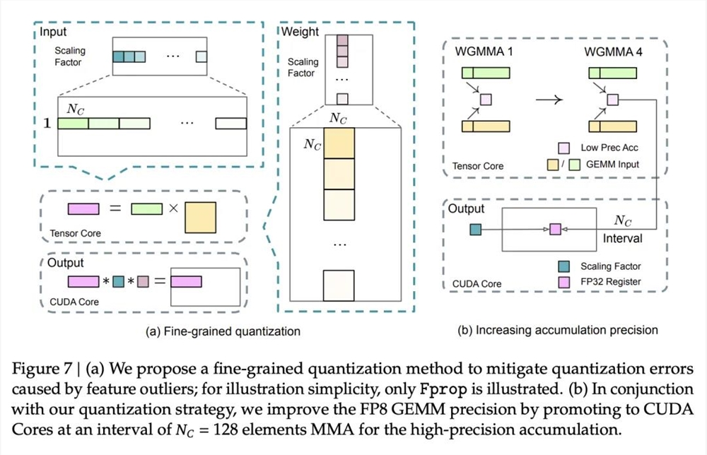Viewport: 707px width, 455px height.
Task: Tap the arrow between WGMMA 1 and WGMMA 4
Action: pos(549,100)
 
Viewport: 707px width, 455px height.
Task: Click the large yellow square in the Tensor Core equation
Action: pos(200,216)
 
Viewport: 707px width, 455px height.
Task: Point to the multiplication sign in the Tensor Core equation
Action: pos(171,208)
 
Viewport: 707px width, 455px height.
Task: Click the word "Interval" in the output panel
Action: pos(622,239)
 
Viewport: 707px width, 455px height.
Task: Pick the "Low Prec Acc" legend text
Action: pos(609,148)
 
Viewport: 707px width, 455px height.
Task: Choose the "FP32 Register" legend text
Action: pos(612,283)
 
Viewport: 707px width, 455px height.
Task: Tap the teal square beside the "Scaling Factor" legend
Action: pos(565,266)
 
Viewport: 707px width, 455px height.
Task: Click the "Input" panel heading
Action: pos(56,32)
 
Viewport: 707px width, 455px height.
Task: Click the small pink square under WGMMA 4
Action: pos(612,100)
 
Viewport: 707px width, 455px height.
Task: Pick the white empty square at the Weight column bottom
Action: pos(338,285)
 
